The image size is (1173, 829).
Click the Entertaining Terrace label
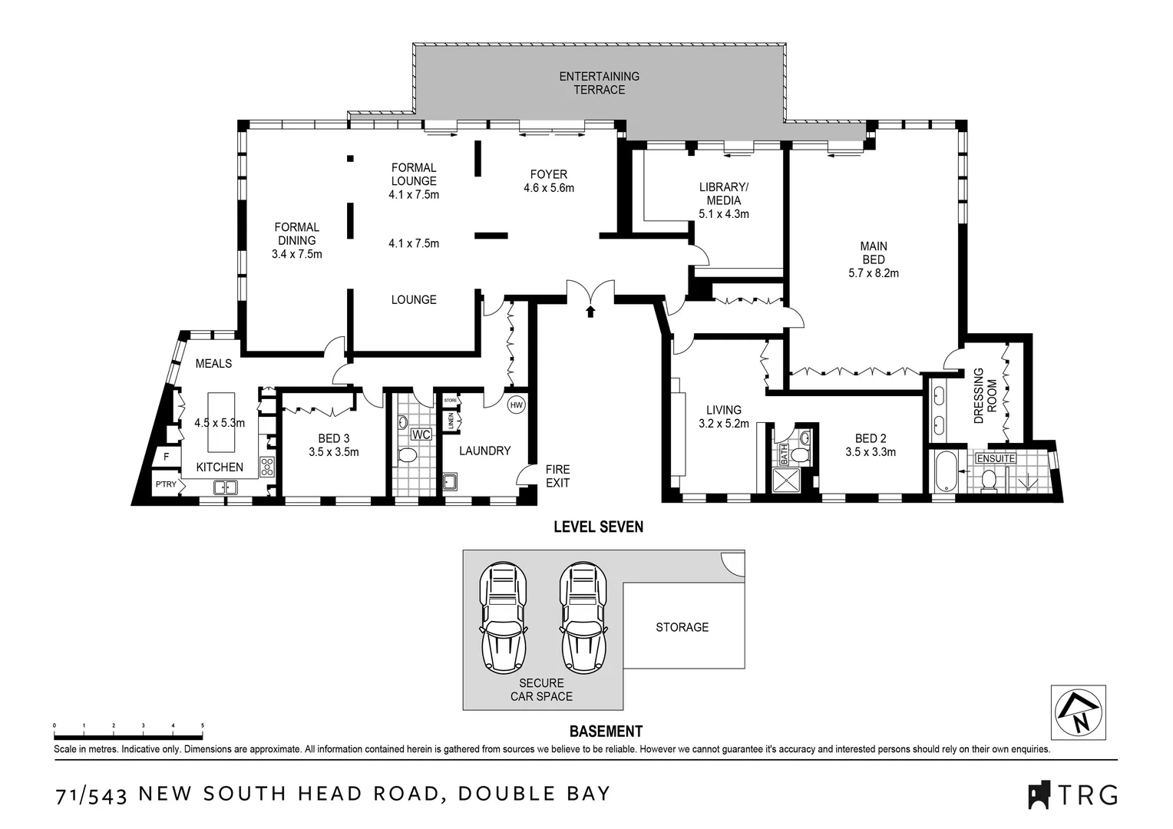599,83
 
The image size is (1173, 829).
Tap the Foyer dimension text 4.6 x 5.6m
548,188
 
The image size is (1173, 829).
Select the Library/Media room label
723,193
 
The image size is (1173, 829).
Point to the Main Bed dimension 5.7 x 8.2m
873,272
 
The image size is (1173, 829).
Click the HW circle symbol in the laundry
516,405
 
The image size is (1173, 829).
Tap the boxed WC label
421,434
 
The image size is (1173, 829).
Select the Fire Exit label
557,476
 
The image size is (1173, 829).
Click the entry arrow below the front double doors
590,311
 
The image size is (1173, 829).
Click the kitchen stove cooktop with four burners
267,466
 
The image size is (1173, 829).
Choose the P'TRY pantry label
165,484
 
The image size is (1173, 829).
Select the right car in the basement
581,618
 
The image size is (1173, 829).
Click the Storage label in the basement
682,627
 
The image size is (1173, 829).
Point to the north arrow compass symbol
1078,712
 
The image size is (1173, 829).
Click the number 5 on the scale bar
203,725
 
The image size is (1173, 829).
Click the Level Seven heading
599,527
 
